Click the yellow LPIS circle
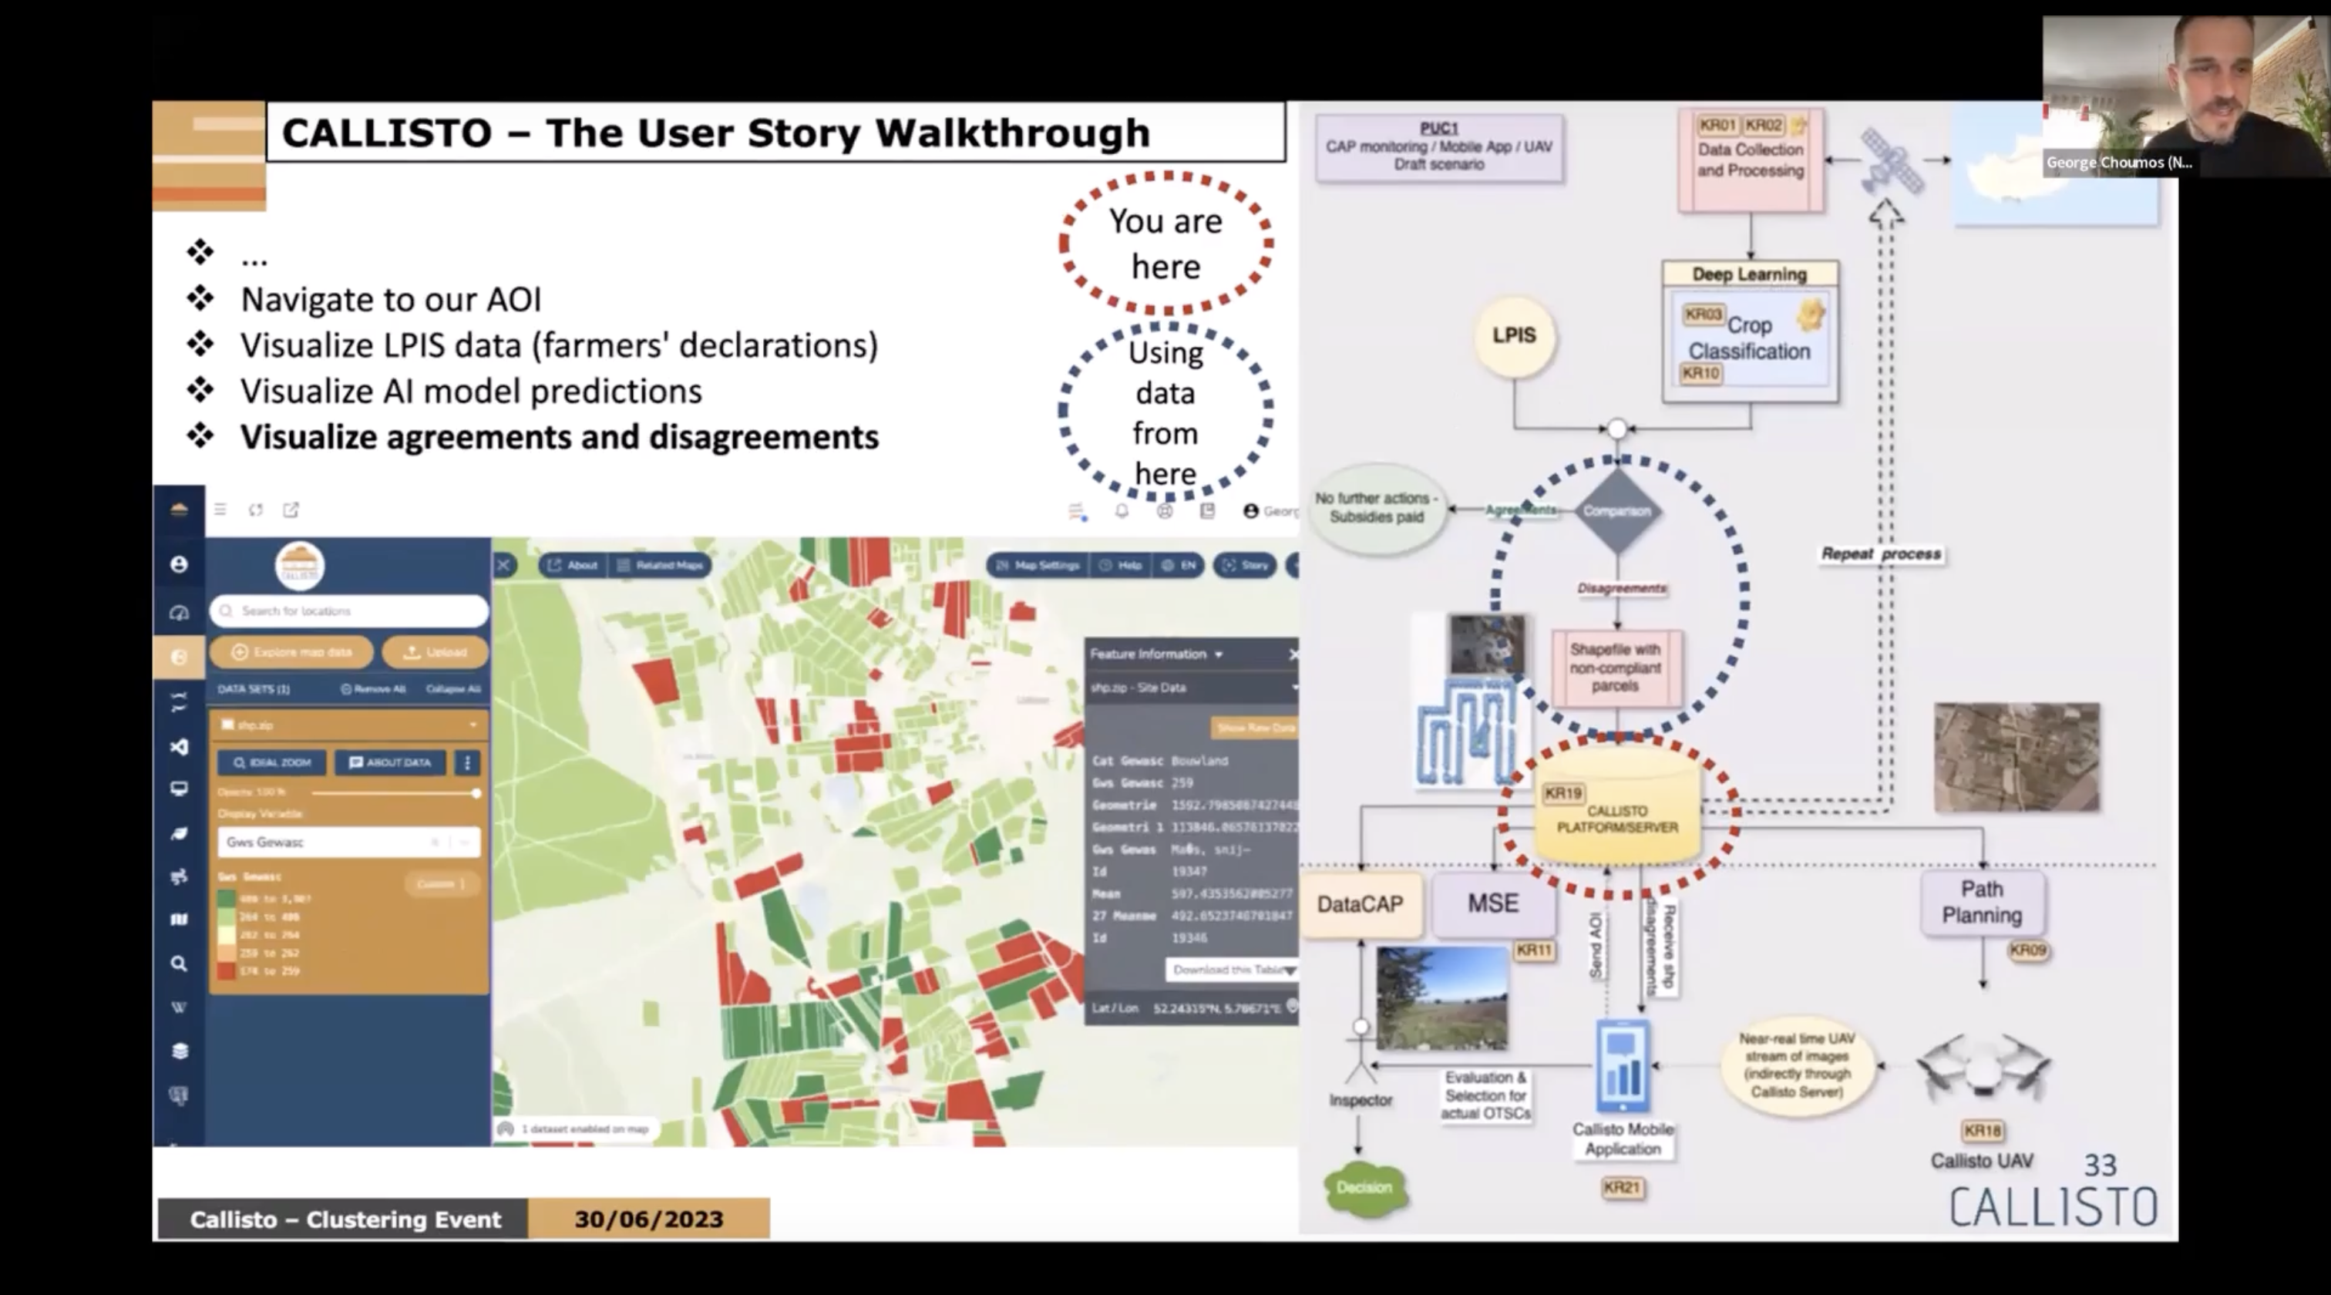click(1514, 336)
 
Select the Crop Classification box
click(1749, 339)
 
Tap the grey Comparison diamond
click(1617, 511)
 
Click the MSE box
click(1493, 903)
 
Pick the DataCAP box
click(1360, 904)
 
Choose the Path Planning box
click(1982, 902)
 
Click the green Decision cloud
click(1364, 1187)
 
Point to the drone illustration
click(1983, 1068)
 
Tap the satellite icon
click(1890, 161)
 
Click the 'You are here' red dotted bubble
click(1165, 244)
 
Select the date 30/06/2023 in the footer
click(649, 1219)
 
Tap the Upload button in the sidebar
click(436, 651)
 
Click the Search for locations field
click(349, 610)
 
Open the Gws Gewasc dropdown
click(348, 843)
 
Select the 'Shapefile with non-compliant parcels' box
click(1616, 668)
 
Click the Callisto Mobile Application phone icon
click(1623, 1065)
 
